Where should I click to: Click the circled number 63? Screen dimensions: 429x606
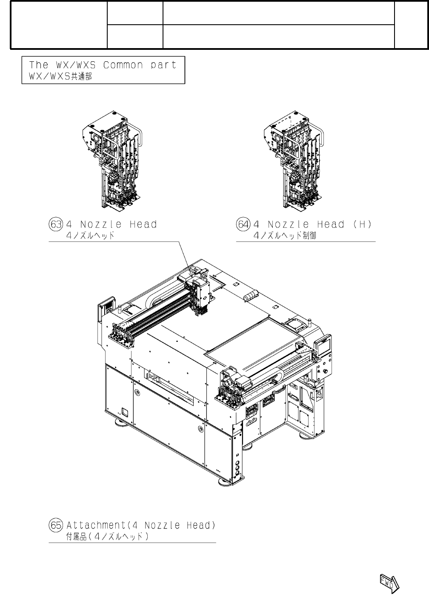[56, 224]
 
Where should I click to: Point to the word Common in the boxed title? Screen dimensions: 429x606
[123, 65]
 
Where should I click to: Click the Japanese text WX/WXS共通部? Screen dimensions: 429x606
[60, 77]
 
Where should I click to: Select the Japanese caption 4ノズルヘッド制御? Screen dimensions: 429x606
[285, 236]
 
